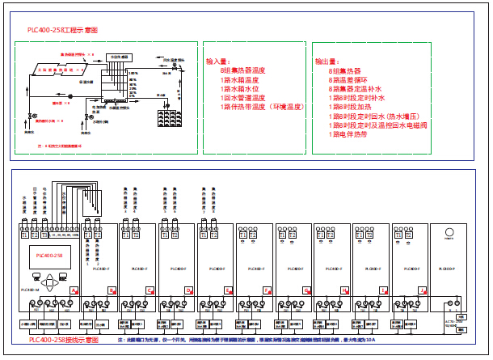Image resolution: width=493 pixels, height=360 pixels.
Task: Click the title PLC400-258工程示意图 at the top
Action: coord(62,30)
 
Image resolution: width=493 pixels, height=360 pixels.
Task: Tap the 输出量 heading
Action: coord(327,61)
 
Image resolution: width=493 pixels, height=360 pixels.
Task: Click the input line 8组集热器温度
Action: coord(247,70)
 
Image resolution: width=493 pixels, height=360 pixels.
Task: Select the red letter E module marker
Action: coord(227,289)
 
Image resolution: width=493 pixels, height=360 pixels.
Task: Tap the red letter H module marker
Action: coord(343,289)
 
